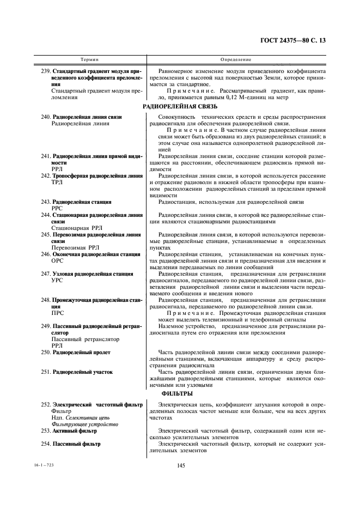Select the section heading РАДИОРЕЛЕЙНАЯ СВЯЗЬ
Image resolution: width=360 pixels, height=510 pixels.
pos(180,107)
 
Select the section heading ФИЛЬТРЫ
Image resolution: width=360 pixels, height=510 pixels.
pos(179,393)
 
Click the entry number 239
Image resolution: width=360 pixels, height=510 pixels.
pos(45,71)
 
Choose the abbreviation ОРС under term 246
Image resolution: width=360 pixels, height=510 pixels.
pos(57,260)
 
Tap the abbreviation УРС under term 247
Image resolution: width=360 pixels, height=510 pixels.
pos(57,280)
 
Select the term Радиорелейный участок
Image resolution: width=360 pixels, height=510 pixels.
pos(82,372)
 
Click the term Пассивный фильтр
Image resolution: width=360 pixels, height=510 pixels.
pos(76,444)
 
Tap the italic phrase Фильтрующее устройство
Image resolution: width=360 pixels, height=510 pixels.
pos(80,423)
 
